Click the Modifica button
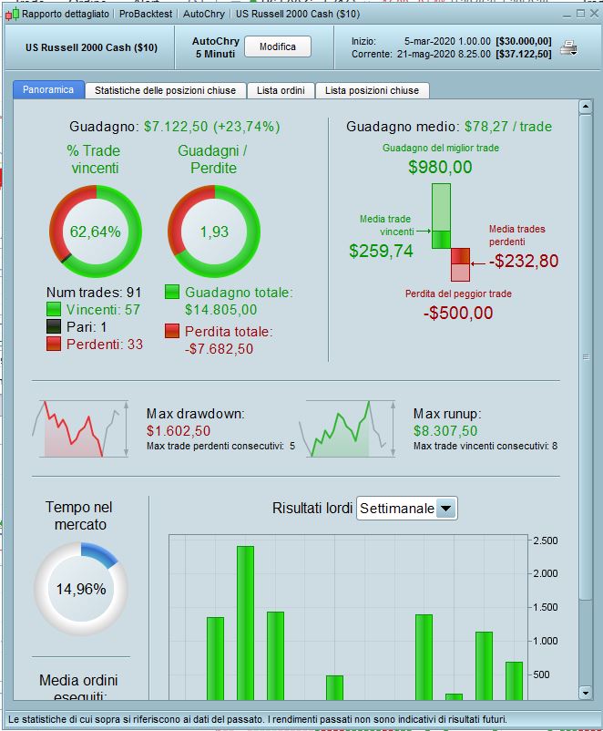coord(278,47)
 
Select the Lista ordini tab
coord(284,90)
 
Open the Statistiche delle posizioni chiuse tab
coord(165,90)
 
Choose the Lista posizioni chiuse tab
coord(372,90)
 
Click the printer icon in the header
coord(568,48)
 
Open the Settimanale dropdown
coord(406,509)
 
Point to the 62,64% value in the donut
coord(95,232)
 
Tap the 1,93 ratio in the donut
coord(214,232)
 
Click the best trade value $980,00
coord(440,167)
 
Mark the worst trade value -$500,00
coord(458,313)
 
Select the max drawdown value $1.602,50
coord(179,431)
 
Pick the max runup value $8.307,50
coord(445,431)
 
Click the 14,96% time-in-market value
coord(80,589)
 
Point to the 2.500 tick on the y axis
coord(545,541)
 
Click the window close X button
coord(592,14)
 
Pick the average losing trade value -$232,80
coord(523,262)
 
